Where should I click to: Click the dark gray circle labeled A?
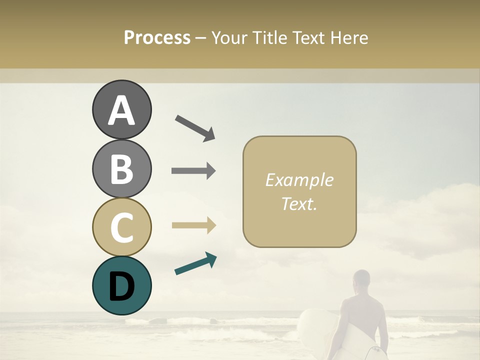[x=121, y=109]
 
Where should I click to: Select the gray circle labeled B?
[x=121, y=168]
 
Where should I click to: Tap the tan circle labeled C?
[x=121, y=227]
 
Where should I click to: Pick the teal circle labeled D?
[x=121, y=285]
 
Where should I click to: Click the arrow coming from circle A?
[x=195, y=127]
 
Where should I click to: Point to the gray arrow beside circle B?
[x=193, y=171]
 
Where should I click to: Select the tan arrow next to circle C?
[x=193, y=225]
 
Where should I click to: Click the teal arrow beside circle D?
[x=195, y=263]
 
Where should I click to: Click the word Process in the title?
[x=157, y=38]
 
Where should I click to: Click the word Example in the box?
[x=299, y=180]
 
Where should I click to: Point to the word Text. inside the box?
[x=299, y=204]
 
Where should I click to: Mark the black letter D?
[x=121, y=286]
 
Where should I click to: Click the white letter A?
[x=121, y=110]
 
